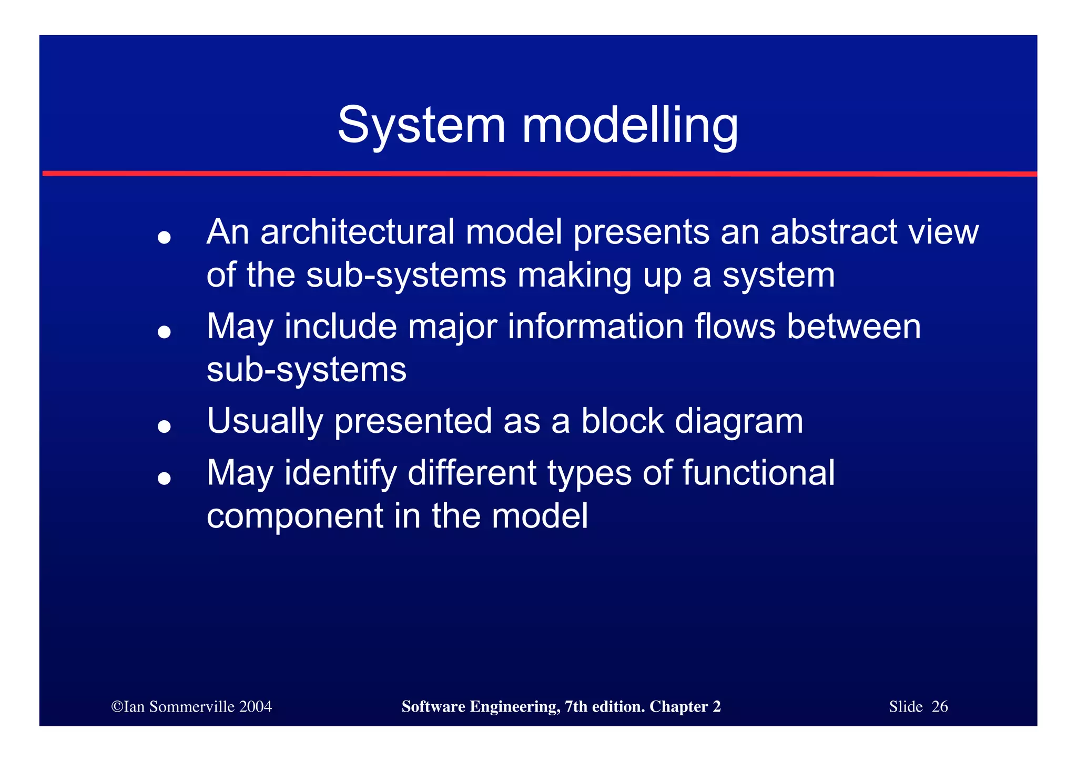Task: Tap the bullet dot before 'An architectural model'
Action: coord(165,237)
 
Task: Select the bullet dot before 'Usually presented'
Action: coord(165,426)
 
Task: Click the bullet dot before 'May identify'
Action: coord(165,478)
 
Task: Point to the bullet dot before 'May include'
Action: coord(165,332)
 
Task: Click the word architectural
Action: coord(357,232)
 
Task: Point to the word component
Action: coord(295,517)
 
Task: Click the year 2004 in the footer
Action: coord(256,707)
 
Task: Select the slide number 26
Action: coord(939,707)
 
